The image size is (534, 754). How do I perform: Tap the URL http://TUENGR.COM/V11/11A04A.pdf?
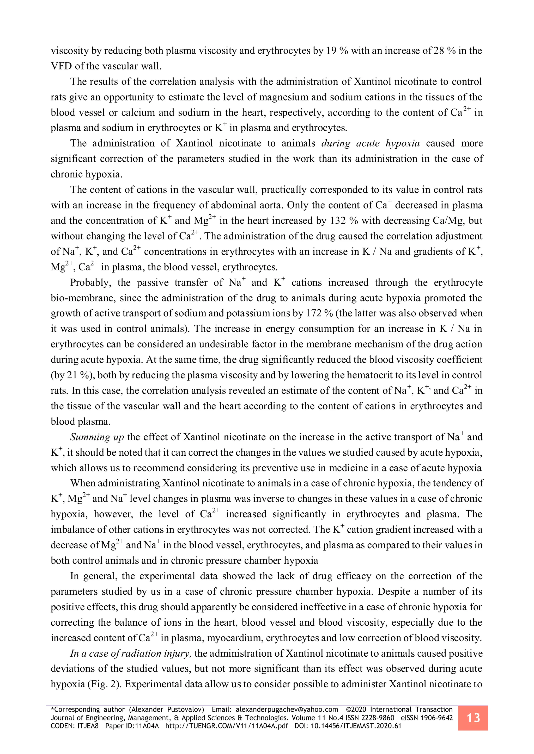[x=226, y=726]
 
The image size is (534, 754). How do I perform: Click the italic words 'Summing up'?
[x=97, y=437]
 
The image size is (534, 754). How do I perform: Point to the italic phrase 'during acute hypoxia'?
[x=371, y=143]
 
